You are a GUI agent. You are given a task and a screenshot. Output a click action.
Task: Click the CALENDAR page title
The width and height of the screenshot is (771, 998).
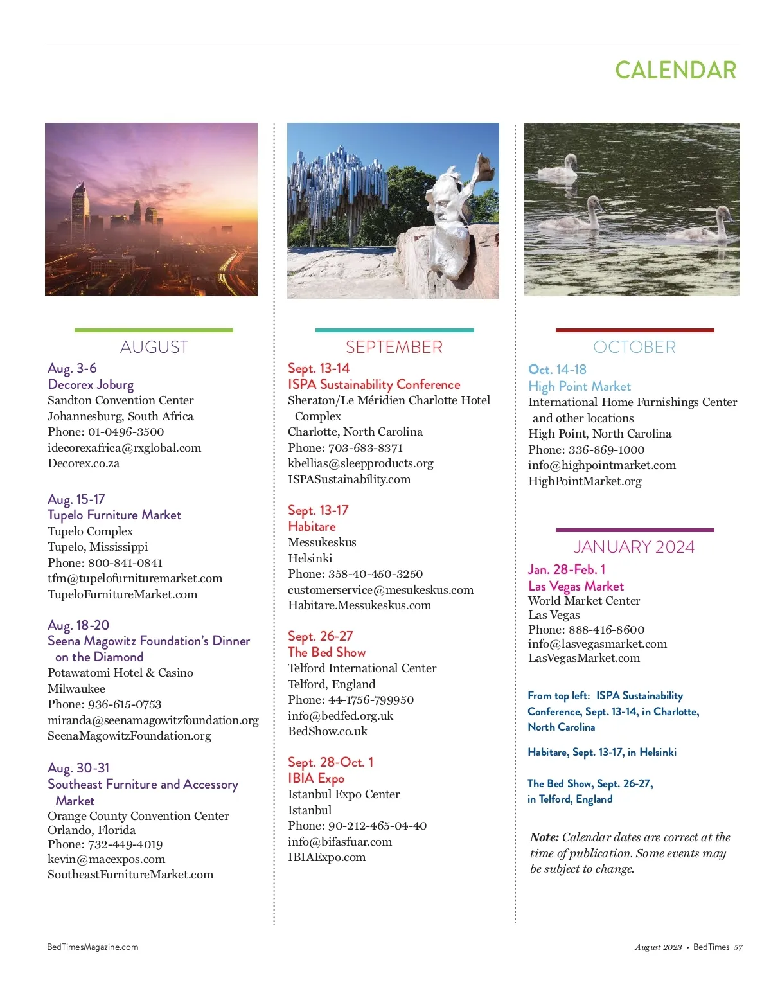[675, 70]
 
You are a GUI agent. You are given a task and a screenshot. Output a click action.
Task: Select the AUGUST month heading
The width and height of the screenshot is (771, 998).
[154, 347]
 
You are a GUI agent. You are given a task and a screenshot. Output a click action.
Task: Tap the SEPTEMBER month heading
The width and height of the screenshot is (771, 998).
[394, 347]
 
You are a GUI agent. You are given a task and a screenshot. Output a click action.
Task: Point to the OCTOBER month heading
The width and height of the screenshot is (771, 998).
[634, 347]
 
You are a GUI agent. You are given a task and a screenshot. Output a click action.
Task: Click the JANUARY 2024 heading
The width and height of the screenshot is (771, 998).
[634, 547]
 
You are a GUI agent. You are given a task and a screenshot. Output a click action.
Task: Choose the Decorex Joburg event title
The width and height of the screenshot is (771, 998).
[91, 384]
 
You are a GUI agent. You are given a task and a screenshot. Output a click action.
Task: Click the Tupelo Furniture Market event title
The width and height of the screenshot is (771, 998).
[114, 515]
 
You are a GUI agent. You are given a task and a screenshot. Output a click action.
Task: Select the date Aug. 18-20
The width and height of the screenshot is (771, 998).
[78, 625]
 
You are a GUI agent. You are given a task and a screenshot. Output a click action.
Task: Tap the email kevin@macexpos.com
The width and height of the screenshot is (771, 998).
[106, 859]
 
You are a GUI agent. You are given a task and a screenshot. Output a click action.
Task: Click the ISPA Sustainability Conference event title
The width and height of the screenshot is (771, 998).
[374, 384]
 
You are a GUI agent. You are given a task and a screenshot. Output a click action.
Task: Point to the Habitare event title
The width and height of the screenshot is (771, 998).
[312, 526]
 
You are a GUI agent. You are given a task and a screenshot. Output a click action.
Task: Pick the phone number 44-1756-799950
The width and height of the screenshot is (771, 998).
[371, 700]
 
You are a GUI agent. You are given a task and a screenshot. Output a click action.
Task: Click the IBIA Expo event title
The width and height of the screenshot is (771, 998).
[316, 778]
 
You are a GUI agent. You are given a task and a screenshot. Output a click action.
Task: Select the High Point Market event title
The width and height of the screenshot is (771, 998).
[580, 386]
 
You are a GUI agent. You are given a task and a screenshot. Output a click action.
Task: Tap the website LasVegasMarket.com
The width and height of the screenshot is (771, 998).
[584, 658]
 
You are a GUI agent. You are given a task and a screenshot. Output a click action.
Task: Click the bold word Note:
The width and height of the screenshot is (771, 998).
[544, 837]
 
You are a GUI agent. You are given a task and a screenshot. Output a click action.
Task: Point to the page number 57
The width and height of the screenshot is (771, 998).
[738, 947]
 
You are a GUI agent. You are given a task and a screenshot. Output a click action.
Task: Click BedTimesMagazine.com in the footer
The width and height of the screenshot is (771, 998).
[93, 947]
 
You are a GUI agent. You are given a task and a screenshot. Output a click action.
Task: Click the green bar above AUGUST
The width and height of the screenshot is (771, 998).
[154, 330]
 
